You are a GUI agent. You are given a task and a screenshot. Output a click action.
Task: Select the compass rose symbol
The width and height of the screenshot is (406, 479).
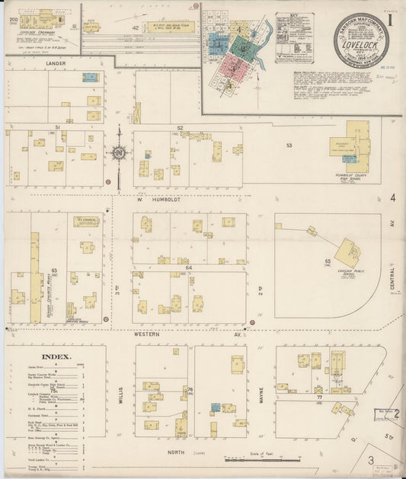click(x=120, y=153)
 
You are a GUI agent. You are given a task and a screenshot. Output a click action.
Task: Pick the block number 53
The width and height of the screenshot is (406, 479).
click(x=289, y=144)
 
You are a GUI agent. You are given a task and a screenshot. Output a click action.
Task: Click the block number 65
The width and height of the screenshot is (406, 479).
click(x=328, y=261)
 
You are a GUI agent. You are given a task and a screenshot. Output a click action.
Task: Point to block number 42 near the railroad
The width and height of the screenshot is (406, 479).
click(x=136, y=28)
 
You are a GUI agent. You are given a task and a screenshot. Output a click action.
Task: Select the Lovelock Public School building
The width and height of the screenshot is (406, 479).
click(x=349, y=252)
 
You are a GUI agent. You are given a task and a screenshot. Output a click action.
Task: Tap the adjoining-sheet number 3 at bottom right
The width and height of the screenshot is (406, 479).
click(x=371, y=460)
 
